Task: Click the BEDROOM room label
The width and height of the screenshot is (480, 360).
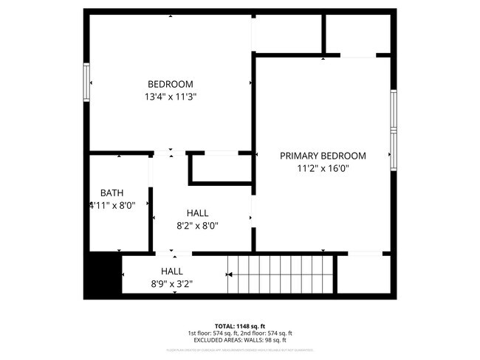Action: pyautogui.click(x=170, y=83)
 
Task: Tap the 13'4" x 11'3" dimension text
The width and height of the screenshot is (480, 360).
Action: pyautogui.click(x=170, y=96)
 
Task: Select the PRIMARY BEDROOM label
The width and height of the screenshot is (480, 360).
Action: pyautogui.click(x=323, y=156)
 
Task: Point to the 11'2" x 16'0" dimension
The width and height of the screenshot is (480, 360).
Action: pyautogui.click(x=323, y=168)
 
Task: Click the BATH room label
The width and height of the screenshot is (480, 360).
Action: pyautogui.click(x=112, y=193)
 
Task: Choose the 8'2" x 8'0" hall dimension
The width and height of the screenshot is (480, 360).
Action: pyautogui.click(x=196, y=226)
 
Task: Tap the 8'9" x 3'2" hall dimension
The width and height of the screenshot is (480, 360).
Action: pyautogui.click(x=171, y=283)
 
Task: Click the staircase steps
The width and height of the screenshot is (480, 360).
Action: pyautogui.click(x=281, y=274)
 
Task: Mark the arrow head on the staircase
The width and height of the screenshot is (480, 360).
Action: pyautogui.click(x=230, y=274)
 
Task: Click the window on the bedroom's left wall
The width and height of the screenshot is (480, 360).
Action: pyautogui.click(x=86, y=83)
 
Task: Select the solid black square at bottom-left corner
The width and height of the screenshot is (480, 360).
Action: pyautogui.click(x=102, y=275)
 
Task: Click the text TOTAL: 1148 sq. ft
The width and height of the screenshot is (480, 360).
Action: pyautogui.click(x=240, y=325)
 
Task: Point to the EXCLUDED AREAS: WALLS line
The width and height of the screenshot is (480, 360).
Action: pyautogui.click(x=240, y=340)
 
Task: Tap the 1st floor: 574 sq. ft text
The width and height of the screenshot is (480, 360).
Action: pyautogui.click(x=213, y=333)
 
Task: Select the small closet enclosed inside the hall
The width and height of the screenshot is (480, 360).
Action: pyautogui.click(x=220, y=169)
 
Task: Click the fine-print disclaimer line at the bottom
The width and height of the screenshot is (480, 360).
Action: pyautogui.click(x=240, y=350)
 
